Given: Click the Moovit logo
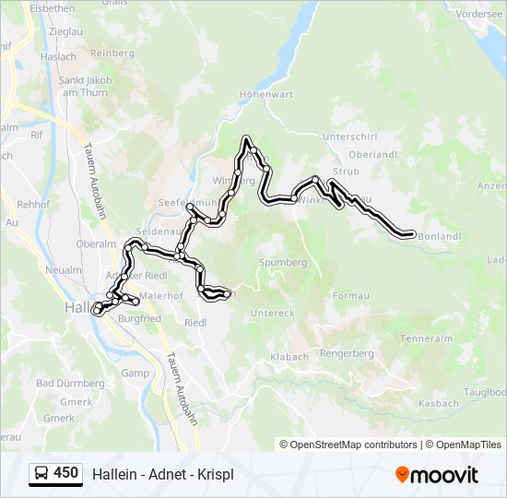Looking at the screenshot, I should coord(437,475).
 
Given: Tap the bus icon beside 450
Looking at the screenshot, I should coord(41,474).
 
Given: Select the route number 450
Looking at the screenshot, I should coord(65,473).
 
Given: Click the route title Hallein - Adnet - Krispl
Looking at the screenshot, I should coord(163,474).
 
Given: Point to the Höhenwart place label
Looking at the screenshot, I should coord(265,94).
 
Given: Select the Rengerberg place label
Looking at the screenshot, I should coord(347,353).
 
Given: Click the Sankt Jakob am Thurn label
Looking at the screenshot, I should coord(86,86).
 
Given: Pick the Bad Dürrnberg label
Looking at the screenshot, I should coord(70,383).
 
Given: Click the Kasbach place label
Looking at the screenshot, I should coord(438,404).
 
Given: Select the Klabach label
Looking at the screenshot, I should coord(289,356).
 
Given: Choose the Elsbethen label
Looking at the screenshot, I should coord(52,7).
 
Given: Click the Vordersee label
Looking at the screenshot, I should coord(479,14).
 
